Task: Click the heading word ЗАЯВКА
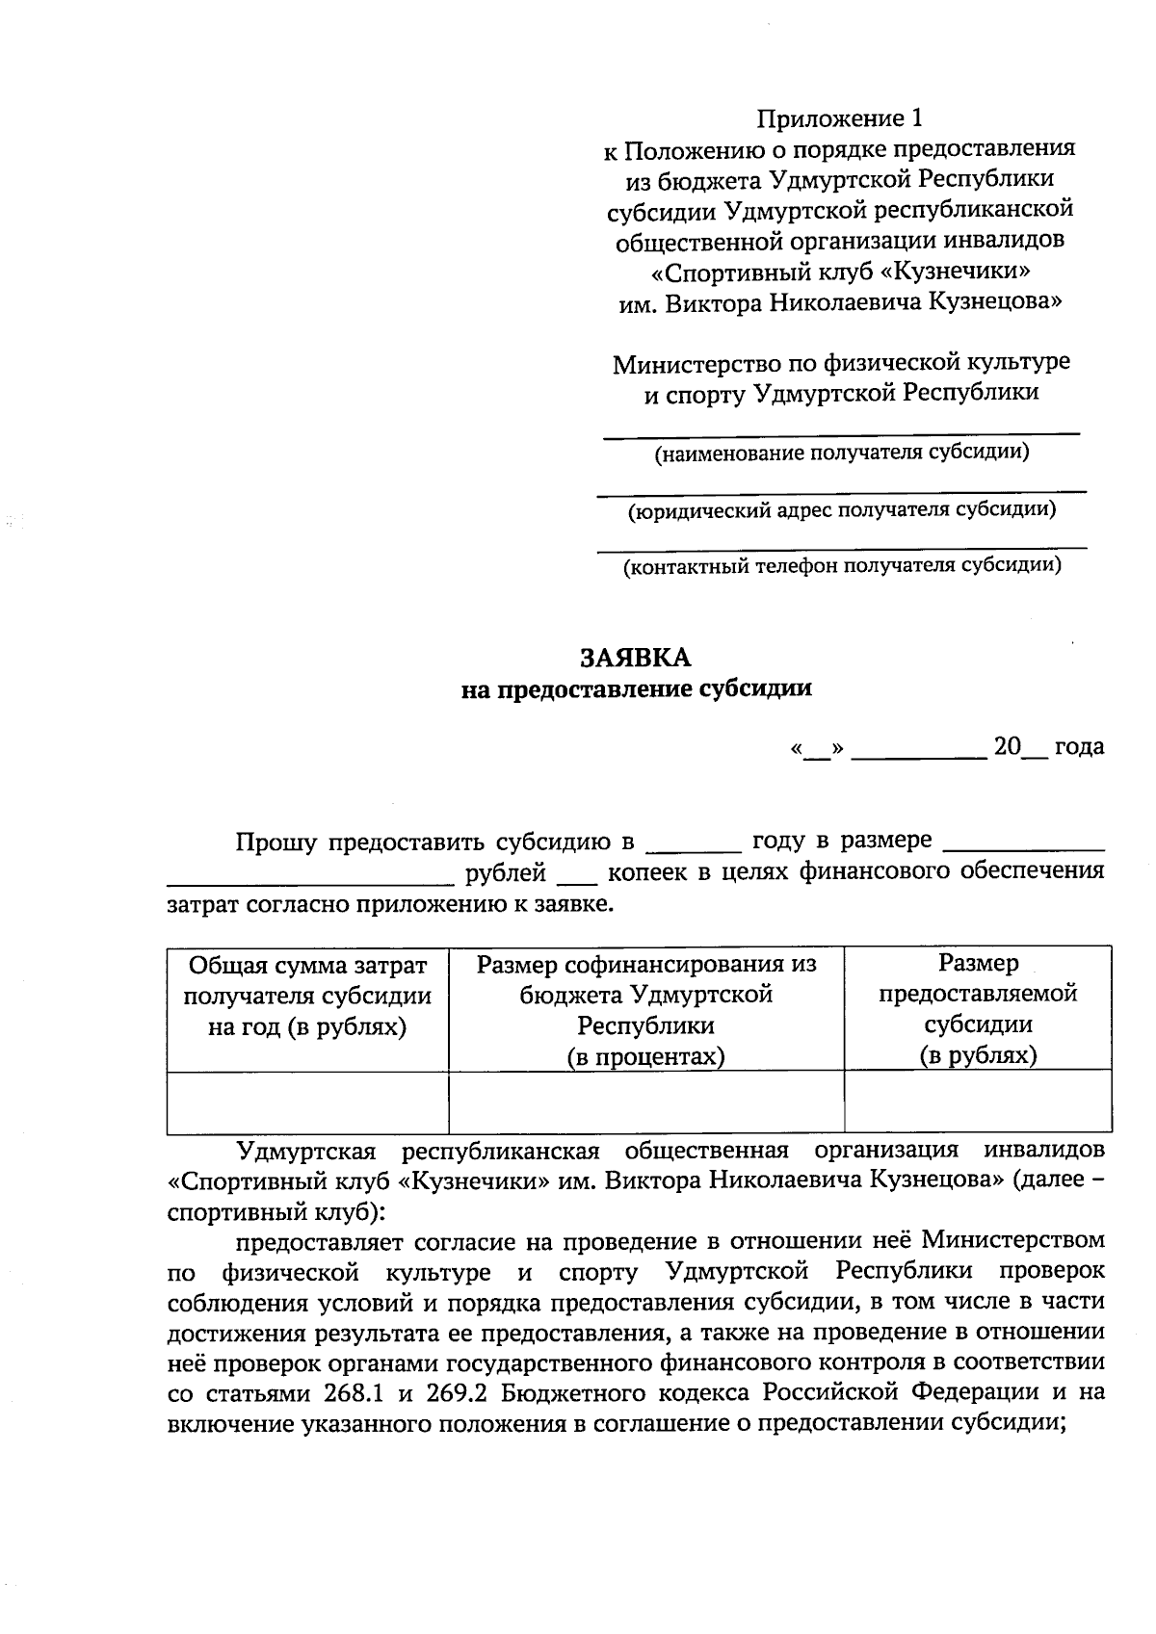coord(635,658)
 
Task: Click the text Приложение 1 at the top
coord(839,118)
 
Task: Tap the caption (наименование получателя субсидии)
coord(842,453)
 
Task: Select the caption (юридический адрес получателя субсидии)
coord(842,509)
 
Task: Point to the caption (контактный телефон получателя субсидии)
coord(842,566)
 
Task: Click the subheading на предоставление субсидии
coord(636,688)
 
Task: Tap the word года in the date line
coord(1079,747)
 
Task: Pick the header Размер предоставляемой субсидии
coord(978,1009)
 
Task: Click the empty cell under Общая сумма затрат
coord(307,1102)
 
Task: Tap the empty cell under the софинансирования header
coord(646,1102)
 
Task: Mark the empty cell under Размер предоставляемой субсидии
coord(978,1102)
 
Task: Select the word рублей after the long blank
coord(506,873)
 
